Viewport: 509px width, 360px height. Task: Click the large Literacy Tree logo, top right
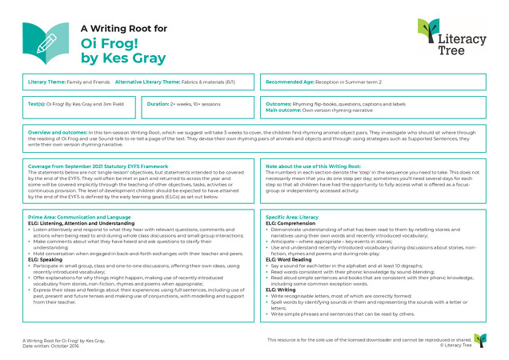coord(450,38)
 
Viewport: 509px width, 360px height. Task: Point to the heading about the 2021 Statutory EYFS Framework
coord(93,166)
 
